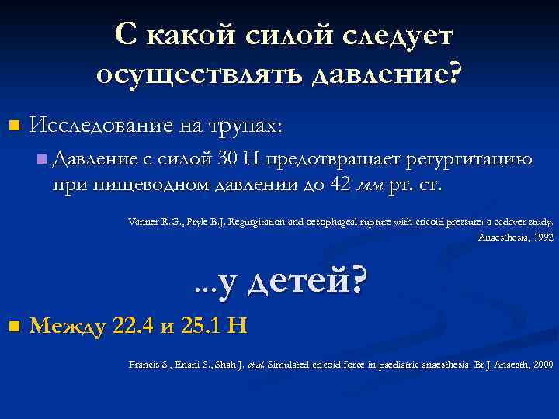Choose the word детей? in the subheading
pos(304,283)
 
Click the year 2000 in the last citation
pos(541,363)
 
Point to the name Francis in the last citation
pos(144,363)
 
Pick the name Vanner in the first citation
pos(142,221)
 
